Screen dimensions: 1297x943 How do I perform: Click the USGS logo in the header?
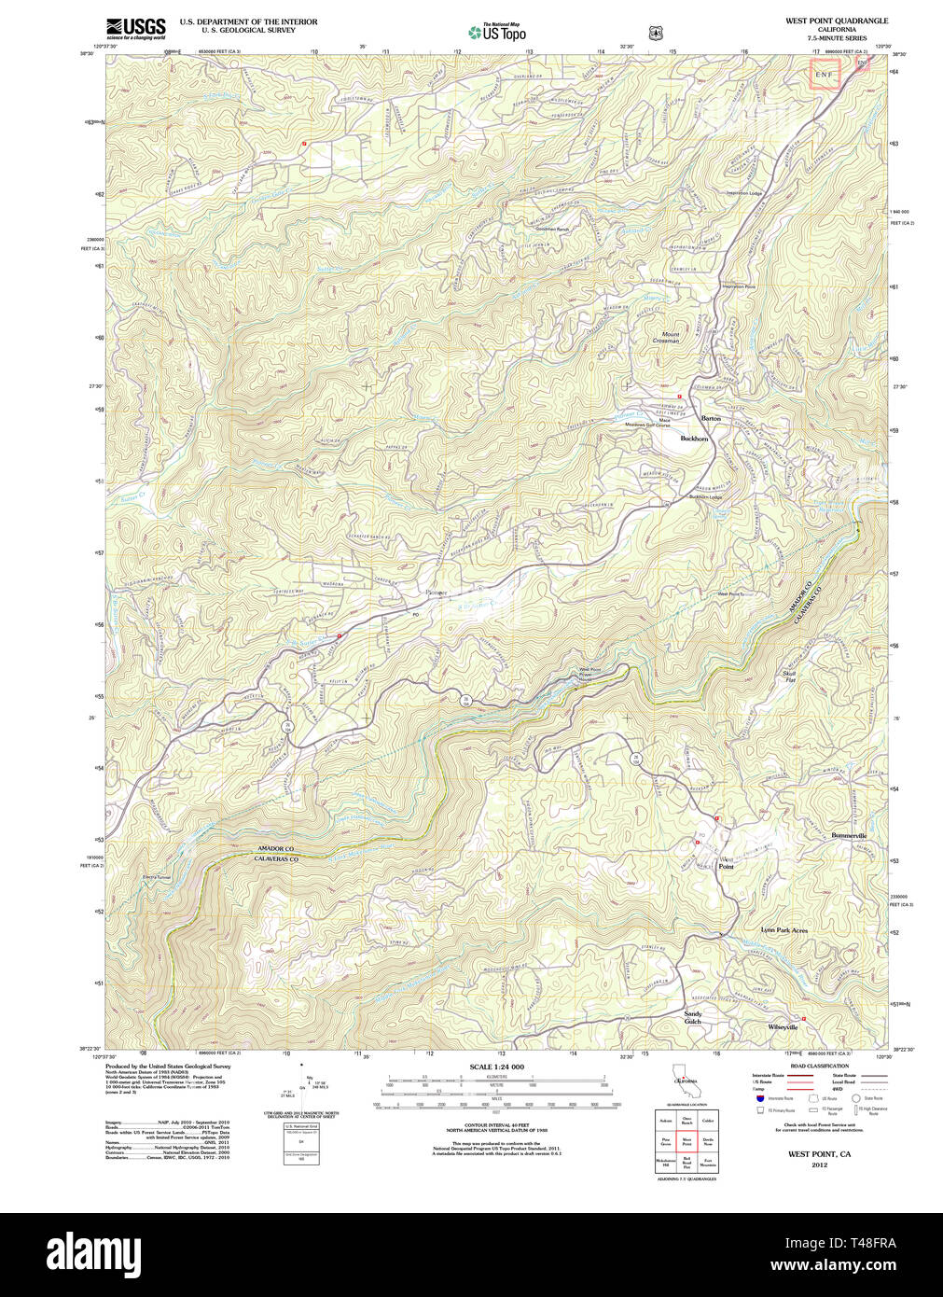135,28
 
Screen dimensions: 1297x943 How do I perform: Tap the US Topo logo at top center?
496,32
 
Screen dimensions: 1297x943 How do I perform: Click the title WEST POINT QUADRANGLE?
836,21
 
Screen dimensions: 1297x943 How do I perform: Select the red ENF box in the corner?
825,74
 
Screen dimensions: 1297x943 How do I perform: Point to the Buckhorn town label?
694,438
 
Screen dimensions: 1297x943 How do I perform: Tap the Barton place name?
711,418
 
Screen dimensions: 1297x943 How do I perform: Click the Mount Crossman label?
670,337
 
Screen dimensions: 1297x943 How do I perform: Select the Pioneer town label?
436,593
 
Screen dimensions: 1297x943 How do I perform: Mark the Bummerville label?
849,835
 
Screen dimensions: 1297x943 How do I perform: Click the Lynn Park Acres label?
784,930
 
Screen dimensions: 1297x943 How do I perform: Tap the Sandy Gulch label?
692,1017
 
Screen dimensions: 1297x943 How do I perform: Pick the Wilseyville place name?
783,1026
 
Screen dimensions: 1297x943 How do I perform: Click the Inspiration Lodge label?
744,193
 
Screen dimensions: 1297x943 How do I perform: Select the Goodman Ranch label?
551,229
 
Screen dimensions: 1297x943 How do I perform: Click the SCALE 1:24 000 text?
496,1067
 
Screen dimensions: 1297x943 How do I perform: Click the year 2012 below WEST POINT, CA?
819,1165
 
